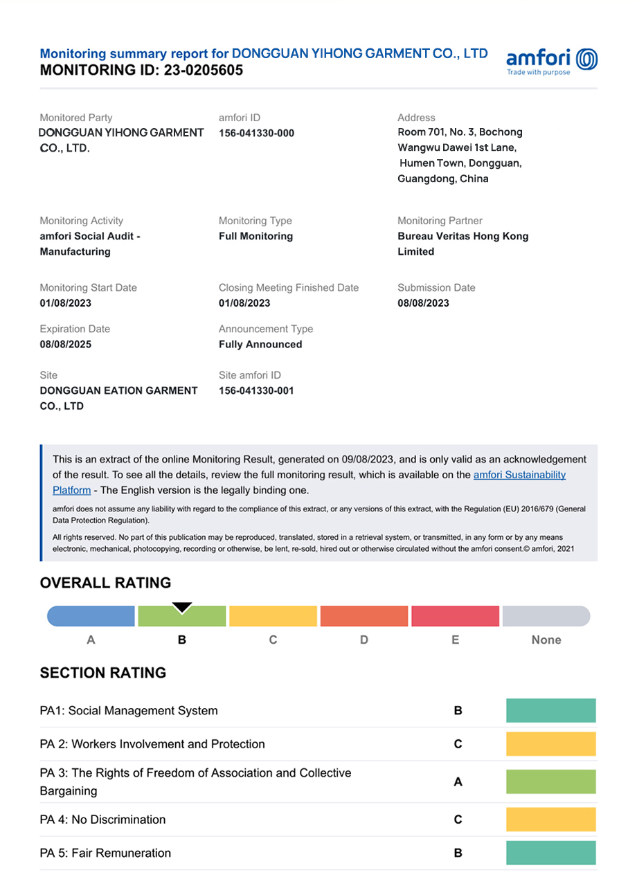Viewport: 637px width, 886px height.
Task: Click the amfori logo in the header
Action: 552,62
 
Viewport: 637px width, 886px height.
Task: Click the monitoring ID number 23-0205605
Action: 204,70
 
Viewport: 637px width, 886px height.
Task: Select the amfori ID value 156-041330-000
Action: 256,133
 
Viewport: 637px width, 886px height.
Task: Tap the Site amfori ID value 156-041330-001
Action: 256,390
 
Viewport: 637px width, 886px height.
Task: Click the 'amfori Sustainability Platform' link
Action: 519,475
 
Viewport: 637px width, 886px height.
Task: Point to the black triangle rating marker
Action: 181,608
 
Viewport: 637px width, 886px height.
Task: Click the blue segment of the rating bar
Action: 91,616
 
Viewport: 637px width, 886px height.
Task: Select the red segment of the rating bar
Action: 455,616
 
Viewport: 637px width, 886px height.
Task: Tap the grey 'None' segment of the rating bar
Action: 546,616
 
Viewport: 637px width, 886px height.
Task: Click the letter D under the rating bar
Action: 364,640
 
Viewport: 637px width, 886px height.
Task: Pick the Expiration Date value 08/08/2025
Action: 66,344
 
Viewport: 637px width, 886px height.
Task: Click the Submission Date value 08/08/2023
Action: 423,302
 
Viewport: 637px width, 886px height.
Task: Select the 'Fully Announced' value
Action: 260,344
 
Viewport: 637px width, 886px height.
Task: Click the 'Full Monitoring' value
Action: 255,236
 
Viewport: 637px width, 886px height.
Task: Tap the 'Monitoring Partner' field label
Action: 440,221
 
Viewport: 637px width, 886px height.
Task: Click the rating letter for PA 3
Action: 458,782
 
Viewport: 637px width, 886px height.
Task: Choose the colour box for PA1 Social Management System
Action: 550,711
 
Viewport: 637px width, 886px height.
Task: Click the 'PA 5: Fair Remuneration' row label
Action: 105,853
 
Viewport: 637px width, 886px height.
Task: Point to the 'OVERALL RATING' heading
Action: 105,583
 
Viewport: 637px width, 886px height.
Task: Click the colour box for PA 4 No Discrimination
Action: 550,820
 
